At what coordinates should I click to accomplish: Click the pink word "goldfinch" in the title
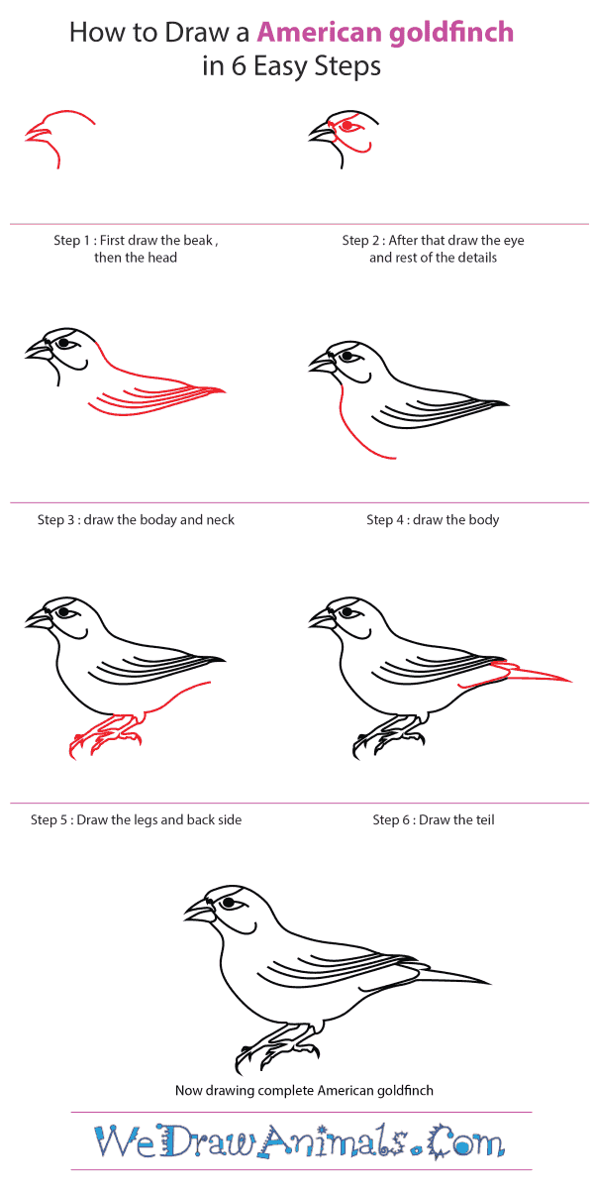[451, 34]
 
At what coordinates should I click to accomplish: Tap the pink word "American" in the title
[320, 33]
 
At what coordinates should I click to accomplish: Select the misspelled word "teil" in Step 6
[485, 819]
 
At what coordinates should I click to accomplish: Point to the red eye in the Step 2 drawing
[347, 126]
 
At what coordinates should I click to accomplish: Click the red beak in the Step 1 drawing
[38, 133]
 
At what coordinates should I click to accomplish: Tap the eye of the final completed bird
[229, 903]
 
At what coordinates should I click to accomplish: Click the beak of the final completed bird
[199, 911]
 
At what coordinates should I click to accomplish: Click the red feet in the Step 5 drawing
[106, 735]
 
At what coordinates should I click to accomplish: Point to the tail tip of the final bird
[491, 984]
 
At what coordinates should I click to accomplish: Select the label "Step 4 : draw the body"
[433, 519]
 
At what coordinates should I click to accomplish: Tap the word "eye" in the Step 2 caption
[514, 241]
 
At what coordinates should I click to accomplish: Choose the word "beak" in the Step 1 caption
[198, 241]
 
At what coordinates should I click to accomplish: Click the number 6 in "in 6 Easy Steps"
[239, 67]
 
